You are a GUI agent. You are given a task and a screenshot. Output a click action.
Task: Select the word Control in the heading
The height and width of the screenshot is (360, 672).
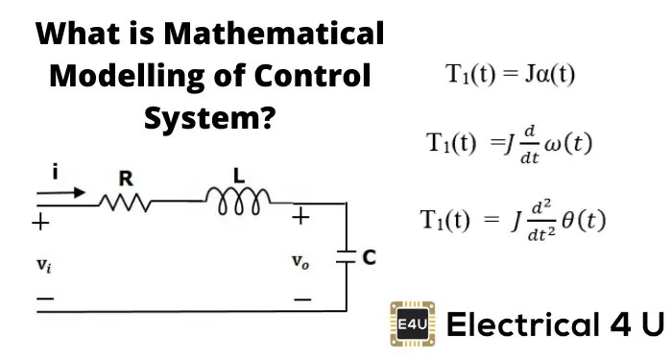[x=304, y=78]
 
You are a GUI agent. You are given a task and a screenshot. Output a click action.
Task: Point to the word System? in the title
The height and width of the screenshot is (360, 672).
[x=210, y=119]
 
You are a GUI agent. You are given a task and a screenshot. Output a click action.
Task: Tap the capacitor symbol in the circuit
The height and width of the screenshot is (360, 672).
[x=345, y=256]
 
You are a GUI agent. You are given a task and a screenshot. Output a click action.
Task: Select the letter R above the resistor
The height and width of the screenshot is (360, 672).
[x=125, y=178]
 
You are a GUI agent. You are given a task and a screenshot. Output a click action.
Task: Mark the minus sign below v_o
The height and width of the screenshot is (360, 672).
[x=302, y=300]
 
